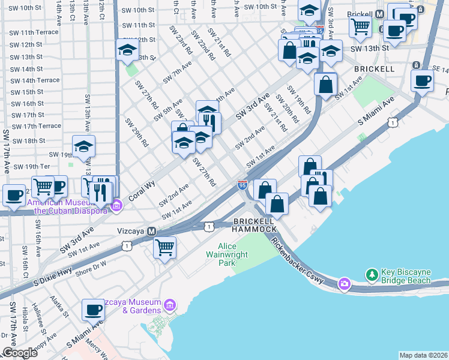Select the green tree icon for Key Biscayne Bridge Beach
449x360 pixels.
(x=372, y=275)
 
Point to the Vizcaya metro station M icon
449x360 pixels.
(x=152, y=231)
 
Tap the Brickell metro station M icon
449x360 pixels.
(x=379, y=14)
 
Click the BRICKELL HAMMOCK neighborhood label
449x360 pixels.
(x=255, y=225)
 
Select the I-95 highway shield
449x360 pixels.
(x=243, y=184)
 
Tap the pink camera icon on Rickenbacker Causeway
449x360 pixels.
(x=344, y=283)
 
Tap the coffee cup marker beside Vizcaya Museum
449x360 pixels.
(x=93, y=310)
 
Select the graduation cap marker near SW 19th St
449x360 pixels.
(x=84, y=146)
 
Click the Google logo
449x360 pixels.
(x=20, y=353)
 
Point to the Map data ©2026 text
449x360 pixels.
(x=423, y=355)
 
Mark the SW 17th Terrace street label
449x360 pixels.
(x=37, y=126)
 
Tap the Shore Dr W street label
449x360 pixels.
(x=91, y=263)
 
